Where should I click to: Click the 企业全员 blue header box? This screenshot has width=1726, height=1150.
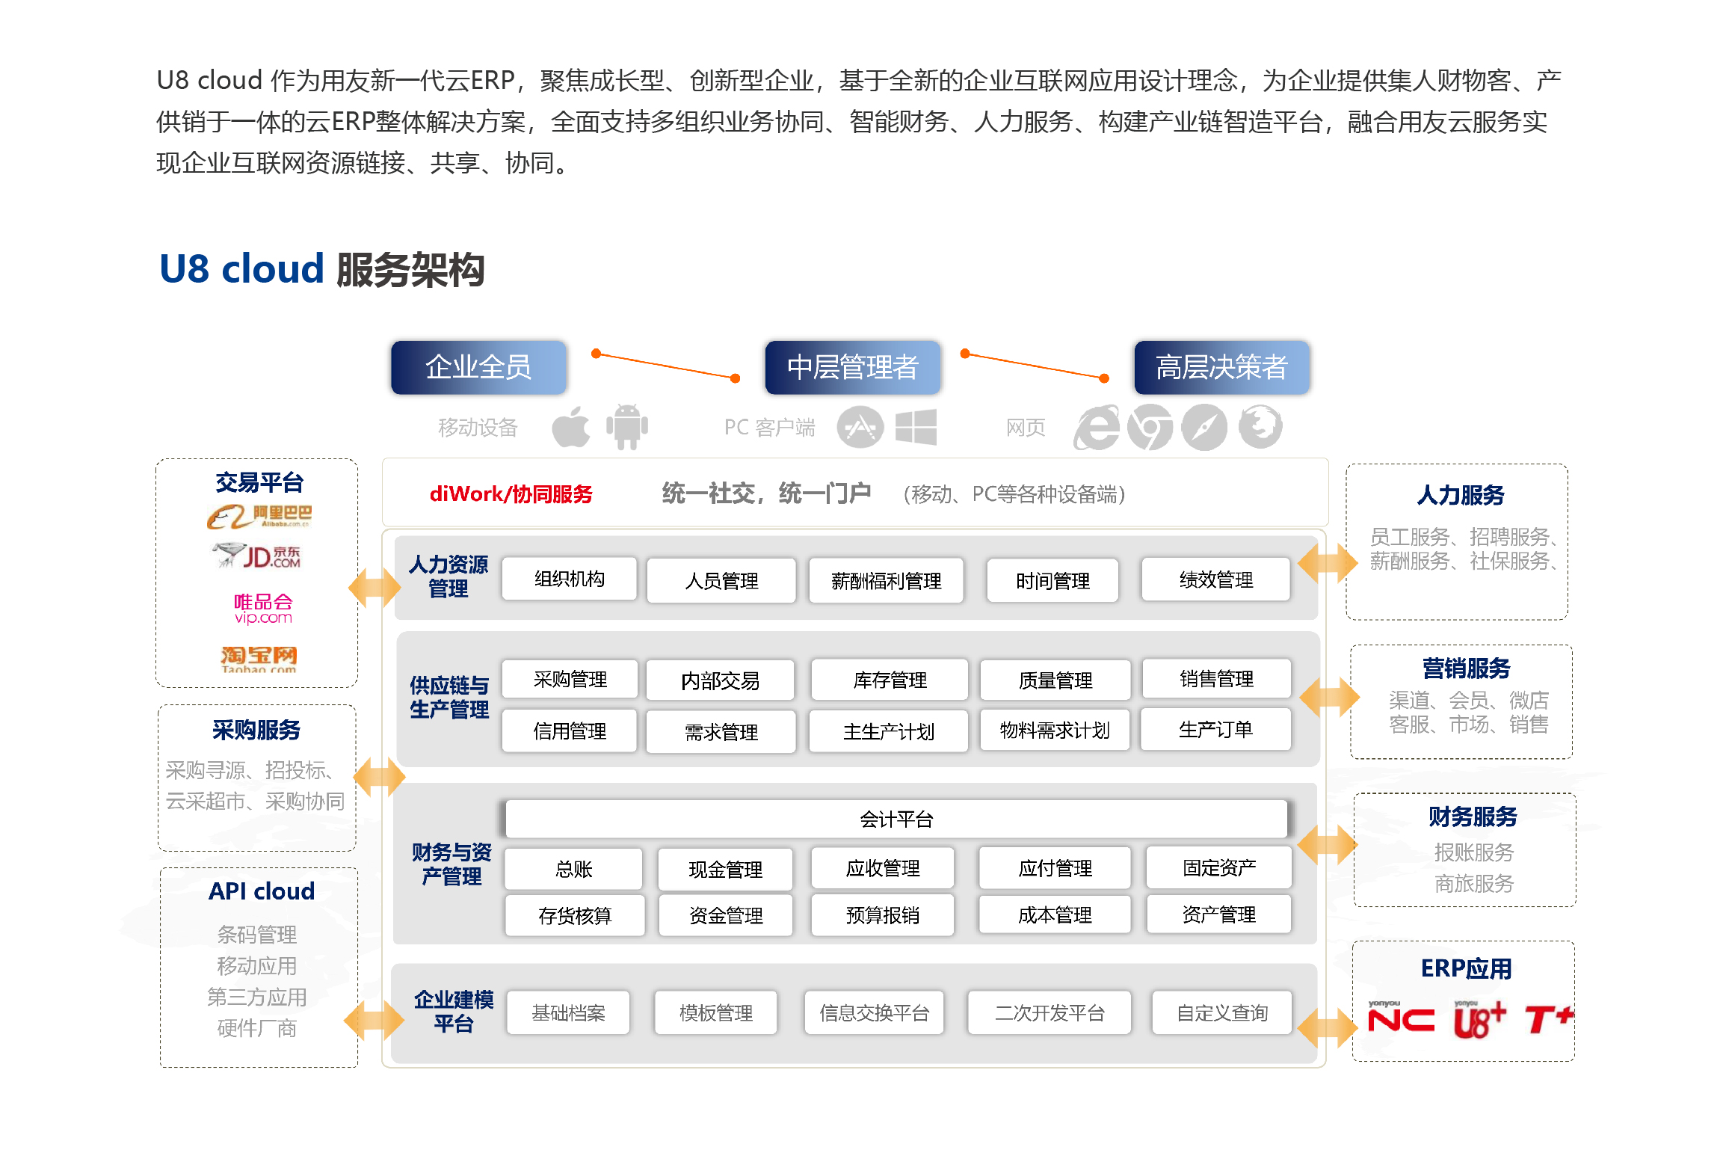click(x=478, y=367)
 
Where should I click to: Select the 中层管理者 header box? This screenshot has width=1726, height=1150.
click(x=852, y=367)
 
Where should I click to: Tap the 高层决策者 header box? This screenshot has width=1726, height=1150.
click(x=1221, y=367)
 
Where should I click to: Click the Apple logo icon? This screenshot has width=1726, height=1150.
click(x=571, y=427)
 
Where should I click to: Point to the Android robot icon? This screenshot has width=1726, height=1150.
click(x=626, y=427)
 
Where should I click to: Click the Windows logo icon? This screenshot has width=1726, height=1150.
click(x=916, y=427)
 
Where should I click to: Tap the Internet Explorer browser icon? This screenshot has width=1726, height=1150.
click(x=1096, y=428)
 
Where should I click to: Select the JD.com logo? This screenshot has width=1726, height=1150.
click(x=258, y=556)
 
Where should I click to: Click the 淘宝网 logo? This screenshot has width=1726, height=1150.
click(x=259, y=657)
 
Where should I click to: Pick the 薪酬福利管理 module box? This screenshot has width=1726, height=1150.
click(x=886, y=580)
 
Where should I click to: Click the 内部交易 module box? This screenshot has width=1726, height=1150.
click(x=720, y=680)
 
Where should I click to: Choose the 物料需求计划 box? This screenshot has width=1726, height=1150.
click(x=1054, y=730)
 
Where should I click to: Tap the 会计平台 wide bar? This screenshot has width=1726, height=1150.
click(x=896, y=820)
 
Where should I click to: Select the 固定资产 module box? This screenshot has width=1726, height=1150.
click(x=1218, y=867)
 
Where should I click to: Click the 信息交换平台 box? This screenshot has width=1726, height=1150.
click(x=874, y=1012)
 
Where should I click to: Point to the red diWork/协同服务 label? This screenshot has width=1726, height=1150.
click(x=511, y=494)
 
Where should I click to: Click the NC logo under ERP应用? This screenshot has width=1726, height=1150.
click(x=1401, y=1019)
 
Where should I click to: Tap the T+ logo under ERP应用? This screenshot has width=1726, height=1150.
click(x=1548, y=1019)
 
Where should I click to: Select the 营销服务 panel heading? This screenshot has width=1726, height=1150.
click(x=1466, y=668)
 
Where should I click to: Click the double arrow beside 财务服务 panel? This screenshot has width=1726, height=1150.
click(x=1327, y=845)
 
